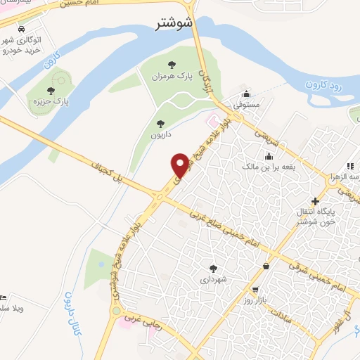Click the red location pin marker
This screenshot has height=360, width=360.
pyautogui.click(x=180, y=165)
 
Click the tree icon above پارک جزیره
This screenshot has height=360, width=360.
pyautogui.click(x=50, y=91)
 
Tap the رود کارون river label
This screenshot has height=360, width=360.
pyautogui.click(x=326, y=85)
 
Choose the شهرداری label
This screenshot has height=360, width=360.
pyautogui.click(x=212, y=280)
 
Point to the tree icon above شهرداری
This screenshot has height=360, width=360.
pyautogui.click(x=212, y=268)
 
